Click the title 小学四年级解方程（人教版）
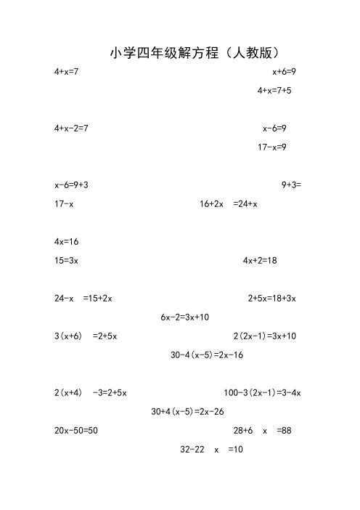(195, 53)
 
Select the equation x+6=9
(284, 73)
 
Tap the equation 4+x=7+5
(274, 91)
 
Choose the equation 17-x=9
(272, 147)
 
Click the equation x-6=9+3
(71, 185)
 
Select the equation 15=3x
(66, 260)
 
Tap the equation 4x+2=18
(260, 260)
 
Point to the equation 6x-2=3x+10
(184, 317)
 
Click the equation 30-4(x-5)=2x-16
(206, 355)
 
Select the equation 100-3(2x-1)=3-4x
(262, 393)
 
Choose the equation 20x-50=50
(76, 431)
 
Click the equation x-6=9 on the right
(274, 129)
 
